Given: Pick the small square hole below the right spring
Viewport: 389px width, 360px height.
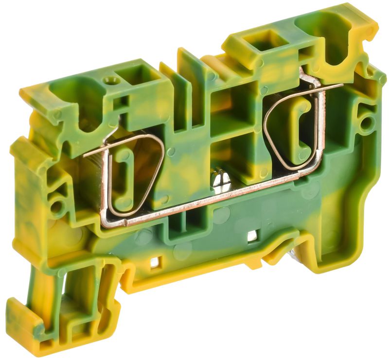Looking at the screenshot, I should pos(252,237).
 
